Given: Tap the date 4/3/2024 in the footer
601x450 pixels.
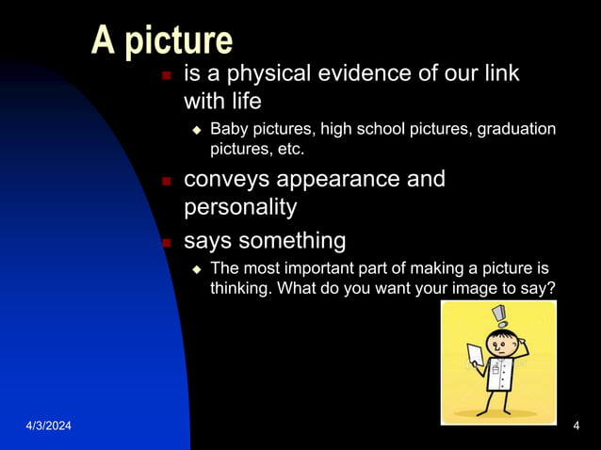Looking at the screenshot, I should click(x=48, y=428).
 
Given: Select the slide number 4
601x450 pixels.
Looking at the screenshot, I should click(x=576, y=428).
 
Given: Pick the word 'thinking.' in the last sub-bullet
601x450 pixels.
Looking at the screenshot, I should click(x=241, y=289).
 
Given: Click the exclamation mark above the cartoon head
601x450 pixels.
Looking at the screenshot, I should click(x=498, y=314).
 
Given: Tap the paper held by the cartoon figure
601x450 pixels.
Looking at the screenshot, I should click(x=475, y=356).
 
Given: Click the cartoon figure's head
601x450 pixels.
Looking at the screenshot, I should click(x=500, y=340).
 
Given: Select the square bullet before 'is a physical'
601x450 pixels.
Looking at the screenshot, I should click(x=166, y=75).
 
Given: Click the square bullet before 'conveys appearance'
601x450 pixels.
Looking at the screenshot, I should click(x=166, y=181).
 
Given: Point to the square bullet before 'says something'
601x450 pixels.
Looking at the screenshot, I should click(x=166, y=243).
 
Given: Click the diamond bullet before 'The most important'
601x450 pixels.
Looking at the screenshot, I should click(x=197, y=269).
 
